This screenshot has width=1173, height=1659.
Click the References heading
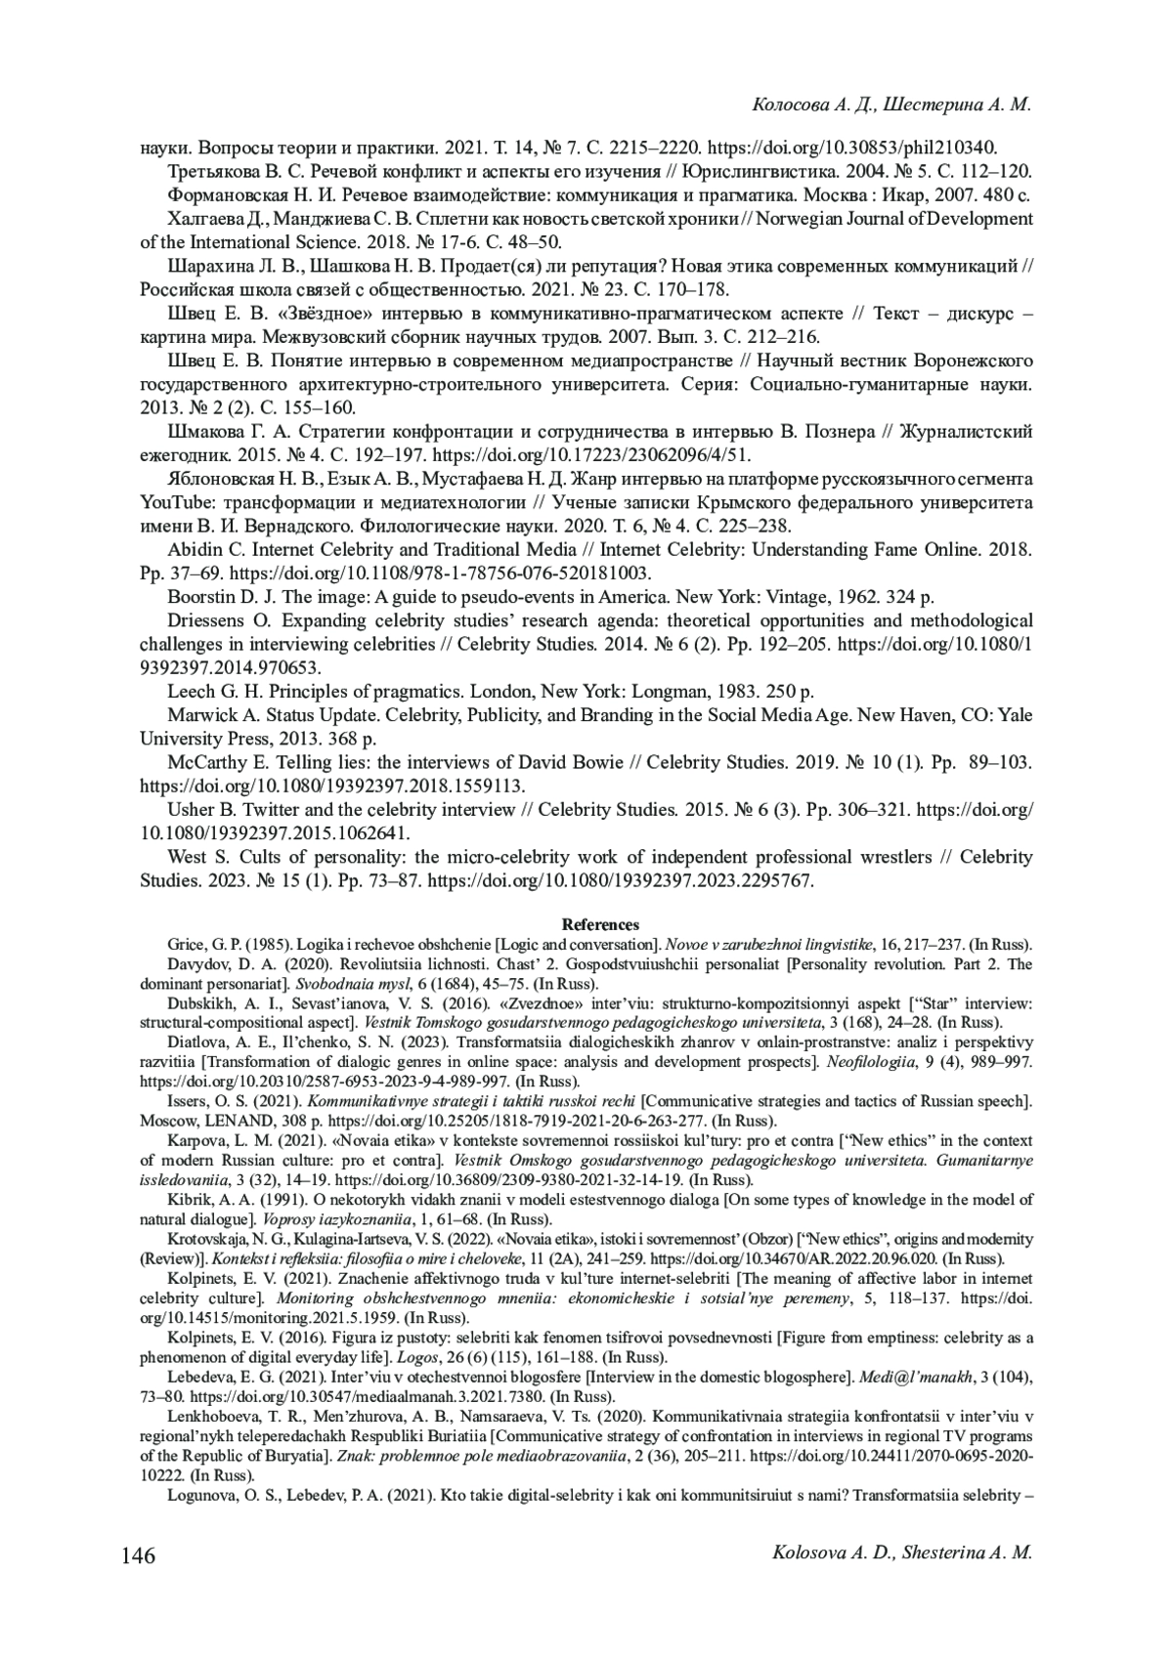pyautogui.click(x=600, y=924)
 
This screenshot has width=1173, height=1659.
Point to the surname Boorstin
pyautogui.click(x=205, y=596)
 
